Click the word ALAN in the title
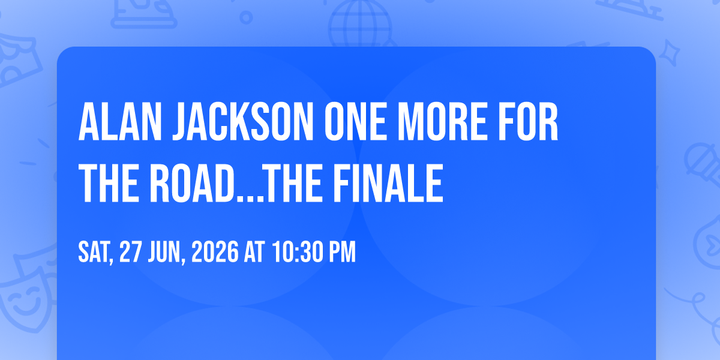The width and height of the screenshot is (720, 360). (120, 122)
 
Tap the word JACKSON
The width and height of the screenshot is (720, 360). (243, 122)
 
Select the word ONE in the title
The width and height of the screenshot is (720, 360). (355, 122)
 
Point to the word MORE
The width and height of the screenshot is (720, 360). (442, 122)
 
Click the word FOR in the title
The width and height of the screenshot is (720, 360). (528, 122)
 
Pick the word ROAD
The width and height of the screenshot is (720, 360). (192, 183)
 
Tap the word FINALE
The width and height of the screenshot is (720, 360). (388, 183)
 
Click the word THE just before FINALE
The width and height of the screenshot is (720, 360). (293, 183)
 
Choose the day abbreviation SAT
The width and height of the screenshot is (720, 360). (96, 253)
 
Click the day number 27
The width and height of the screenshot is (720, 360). (131, 252)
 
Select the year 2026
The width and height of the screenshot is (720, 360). (215, 252)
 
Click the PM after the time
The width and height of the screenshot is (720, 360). (343, 252)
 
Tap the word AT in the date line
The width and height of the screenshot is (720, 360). (254, 252)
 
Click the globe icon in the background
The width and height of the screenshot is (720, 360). (361, 23)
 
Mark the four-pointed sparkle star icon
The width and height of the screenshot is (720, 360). (669, 53)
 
